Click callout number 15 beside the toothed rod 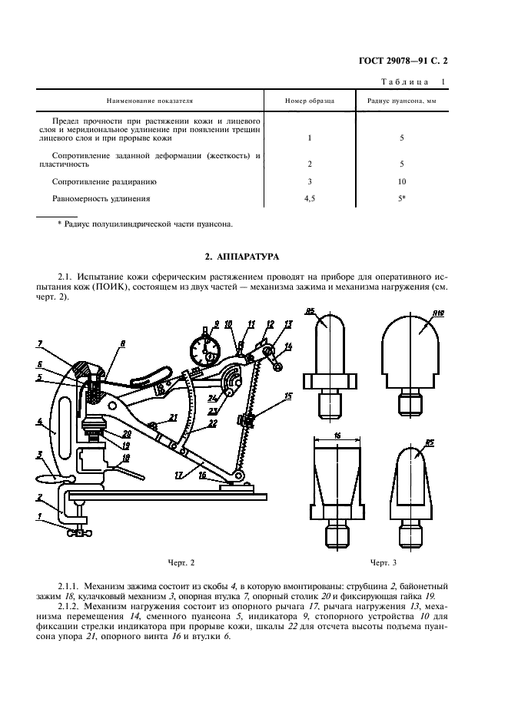(288, 396)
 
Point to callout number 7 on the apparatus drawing (40, 343)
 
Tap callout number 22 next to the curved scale (211, 424)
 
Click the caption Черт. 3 (383, 562)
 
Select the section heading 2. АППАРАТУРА (242, 257)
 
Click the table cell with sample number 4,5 (310, 198)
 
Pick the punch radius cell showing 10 (402, 181)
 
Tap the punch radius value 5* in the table (402, 198)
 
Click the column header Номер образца (310, 101)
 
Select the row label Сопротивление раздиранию (105, 181)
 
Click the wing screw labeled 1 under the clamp (80, 532)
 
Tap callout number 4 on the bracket (40, 420)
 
